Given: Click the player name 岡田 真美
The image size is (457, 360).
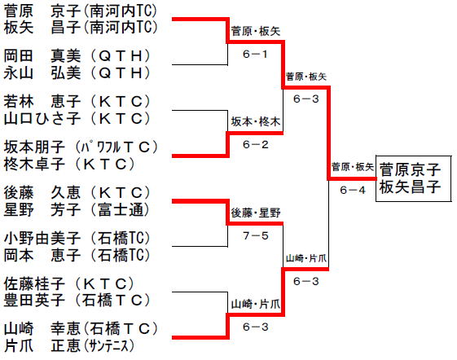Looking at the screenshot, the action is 42,55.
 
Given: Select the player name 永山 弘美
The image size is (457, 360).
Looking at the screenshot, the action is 42,72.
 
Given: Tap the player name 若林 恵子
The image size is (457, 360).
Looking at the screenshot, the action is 42,102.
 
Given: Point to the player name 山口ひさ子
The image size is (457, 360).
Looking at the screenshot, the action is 42,118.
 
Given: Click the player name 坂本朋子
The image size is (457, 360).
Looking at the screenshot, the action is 34,147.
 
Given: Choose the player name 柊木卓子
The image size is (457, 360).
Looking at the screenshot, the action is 34,164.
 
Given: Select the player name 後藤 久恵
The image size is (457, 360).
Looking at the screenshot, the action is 42,193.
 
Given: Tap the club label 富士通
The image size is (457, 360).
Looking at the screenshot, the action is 121,210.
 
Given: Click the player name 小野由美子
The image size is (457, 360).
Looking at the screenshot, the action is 42,238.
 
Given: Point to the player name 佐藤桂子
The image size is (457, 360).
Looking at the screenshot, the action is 34,283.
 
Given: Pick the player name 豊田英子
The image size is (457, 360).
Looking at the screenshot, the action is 34,301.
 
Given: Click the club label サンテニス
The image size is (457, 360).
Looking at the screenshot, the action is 108,346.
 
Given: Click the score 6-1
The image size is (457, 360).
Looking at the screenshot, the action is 255,54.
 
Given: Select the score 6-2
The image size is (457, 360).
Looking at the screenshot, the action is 255,145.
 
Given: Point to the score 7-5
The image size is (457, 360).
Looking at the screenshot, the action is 255,235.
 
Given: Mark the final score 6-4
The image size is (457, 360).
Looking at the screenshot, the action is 353,190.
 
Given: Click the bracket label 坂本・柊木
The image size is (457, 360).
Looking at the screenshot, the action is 256,122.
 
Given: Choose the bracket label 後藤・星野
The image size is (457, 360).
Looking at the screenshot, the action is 256,213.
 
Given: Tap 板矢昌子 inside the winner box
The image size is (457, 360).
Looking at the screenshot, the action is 410,187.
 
